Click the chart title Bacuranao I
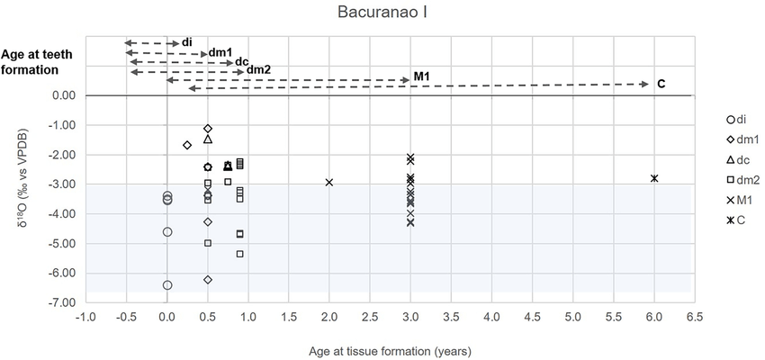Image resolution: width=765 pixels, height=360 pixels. pyautogui.click(x=382, y=13)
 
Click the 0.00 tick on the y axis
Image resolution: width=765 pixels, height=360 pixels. pyautogui.click(x=62, y=95)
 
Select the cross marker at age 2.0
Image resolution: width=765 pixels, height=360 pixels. pyautogui.click(x=329, y=183)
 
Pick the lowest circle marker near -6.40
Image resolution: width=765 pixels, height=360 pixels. pyautogui.click(x=167, y=285)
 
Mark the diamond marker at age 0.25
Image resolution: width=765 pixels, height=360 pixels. pyautogui.click(x=187, y=145)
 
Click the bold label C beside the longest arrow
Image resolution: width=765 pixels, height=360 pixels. pyautogui.click(x=661, y=84)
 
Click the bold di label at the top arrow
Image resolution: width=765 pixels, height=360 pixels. pyautogui.click(x=187, y=42)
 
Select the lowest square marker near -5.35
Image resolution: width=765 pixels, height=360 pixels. pyautogui.click(x=240, y=254)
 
